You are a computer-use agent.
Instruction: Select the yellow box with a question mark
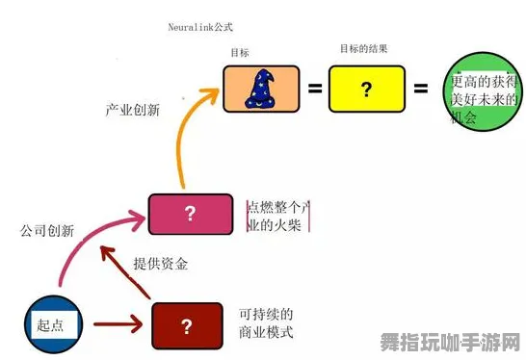click(x=366, y=89)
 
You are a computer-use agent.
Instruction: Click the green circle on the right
click(x=484, y=98)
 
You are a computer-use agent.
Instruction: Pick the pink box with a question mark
click(x=190, y=214)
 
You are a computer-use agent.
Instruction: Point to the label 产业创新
click(x=132, y=110)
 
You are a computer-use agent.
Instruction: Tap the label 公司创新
click(x=46, y=231)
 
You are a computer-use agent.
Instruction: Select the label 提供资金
click(x=160, y=264)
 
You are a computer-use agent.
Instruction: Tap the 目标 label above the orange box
click(x=240, y=52)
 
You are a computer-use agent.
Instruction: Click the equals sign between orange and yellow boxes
click(x=314, y=89)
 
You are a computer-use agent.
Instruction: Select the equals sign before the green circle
click(x=420, y=89)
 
